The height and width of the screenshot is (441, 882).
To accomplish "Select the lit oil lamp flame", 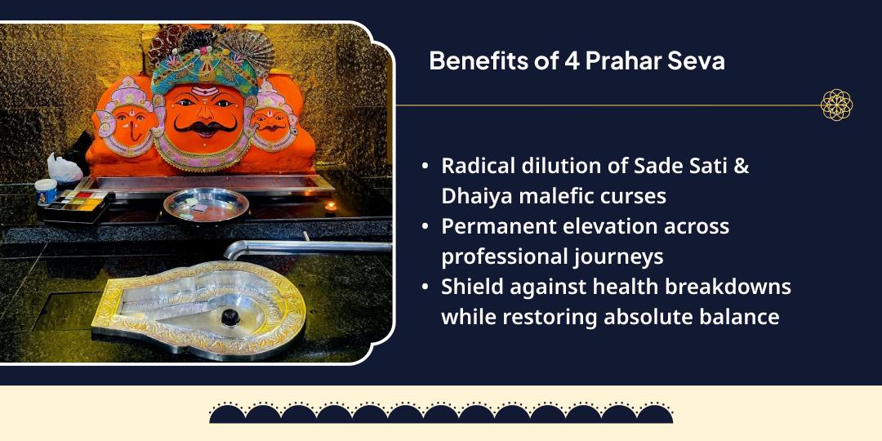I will (x=331, y=206).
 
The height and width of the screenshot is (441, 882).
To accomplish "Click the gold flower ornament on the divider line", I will (x=836, y=105).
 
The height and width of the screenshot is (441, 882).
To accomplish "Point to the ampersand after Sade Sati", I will (x=742, y=166).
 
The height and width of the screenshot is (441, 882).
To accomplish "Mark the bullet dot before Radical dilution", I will (x=425, y=166).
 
